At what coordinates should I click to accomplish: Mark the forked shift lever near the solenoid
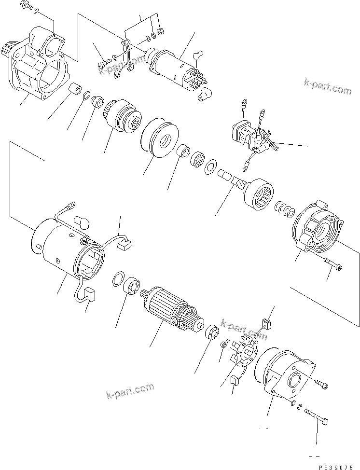tap(127, 55)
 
